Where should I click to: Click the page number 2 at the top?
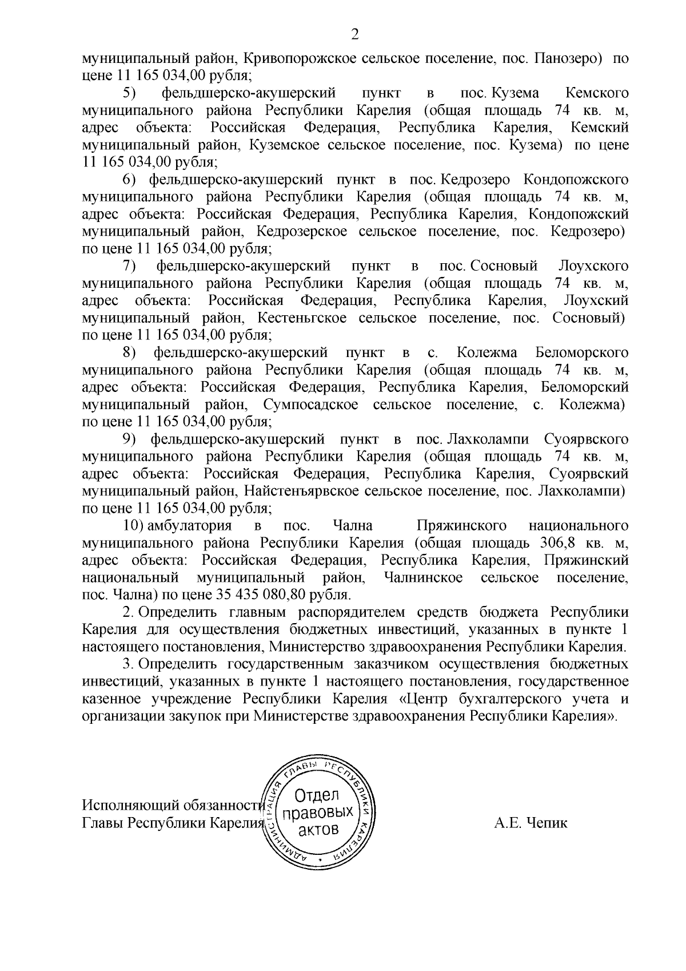click(354, 35)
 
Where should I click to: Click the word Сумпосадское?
click(312, 405)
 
